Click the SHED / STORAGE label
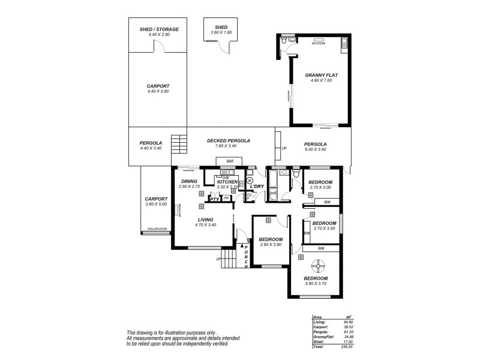coord(159,29)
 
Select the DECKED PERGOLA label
coord(228,140)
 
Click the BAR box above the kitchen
coord(230,161)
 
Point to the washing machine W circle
coord(250,179)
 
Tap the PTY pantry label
coord(214,199)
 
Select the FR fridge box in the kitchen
coord(226,198)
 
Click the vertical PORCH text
coord(246,256)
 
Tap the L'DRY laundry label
coord(257,187)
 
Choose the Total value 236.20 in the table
coord(345,346)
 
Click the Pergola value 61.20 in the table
coord(346,333)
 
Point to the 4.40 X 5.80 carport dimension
coord(158,91)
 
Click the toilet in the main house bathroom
coord(296,174)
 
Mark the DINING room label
coord(190,181)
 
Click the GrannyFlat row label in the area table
coord(323,337)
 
